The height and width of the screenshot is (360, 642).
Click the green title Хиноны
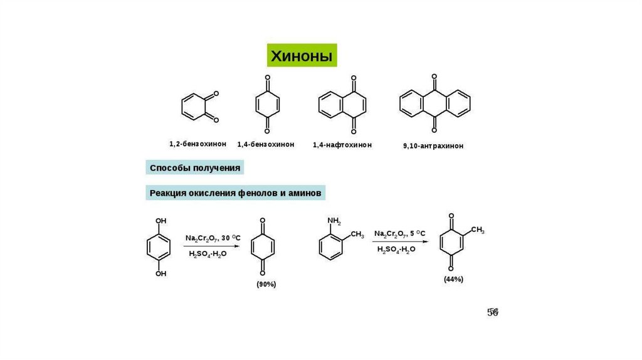302,56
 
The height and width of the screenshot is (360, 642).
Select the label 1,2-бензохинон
197,144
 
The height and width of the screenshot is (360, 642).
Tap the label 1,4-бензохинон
266,144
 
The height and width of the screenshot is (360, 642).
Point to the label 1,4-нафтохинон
342,145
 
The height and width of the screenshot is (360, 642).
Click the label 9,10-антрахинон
433,146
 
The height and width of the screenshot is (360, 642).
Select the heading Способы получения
194,168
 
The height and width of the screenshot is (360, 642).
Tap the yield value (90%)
266,284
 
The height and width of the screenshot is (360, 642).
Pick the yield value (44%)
453,279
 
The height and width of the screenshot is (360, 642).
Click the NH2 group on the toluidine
334,221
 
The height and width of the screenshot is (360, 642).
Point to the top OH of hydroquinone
161,221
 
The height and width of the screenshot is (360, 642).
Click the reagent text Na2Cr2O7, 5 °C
399,234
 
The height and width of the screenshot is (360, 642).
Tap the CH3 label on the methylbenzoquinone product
477,231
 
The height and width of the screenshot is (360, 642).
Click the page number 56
493,312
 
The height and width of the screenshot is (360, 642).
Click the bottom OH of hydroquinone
161,273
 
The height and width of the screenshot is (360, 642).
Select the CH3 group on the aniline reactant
357,235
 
